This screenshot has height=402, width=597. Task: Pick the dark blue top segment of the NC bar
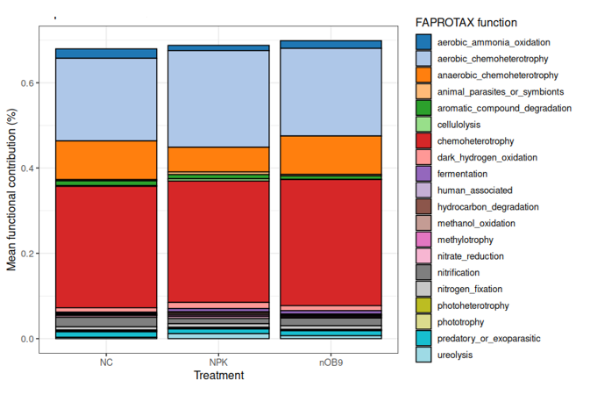coord(106,54)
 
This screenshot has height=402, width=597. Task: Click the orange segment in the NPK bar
coord(218,159)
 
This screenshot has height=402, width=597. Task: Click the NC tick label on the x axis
coord(106,362)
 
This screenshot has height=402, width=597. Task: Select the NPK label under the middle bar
coord(218,362)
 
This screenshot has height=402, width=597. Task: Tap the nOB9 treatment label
coord(330,362)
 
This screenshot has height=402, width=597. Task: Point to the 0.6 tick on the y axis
coord(28,83)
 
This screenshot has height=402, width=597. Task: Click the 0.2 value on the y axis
coord(28,254)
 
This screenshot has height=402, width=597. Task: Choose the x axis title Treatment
coord(218,376)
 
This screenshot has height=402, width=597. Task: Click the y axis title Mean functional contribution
coord(12,188)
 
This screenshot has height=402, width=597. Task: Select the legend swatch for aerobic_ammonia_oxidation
coord(423,41)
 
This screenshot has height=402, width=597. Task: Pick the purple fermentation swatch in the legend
coord(423,174)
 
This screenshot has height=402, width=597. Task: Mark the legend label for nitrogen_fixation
coord(470,289)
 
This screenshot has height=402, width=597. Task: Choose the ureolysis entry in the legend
coord(456,355)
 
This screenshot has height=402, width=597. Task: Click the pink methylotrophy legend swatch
coord(423,240)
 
